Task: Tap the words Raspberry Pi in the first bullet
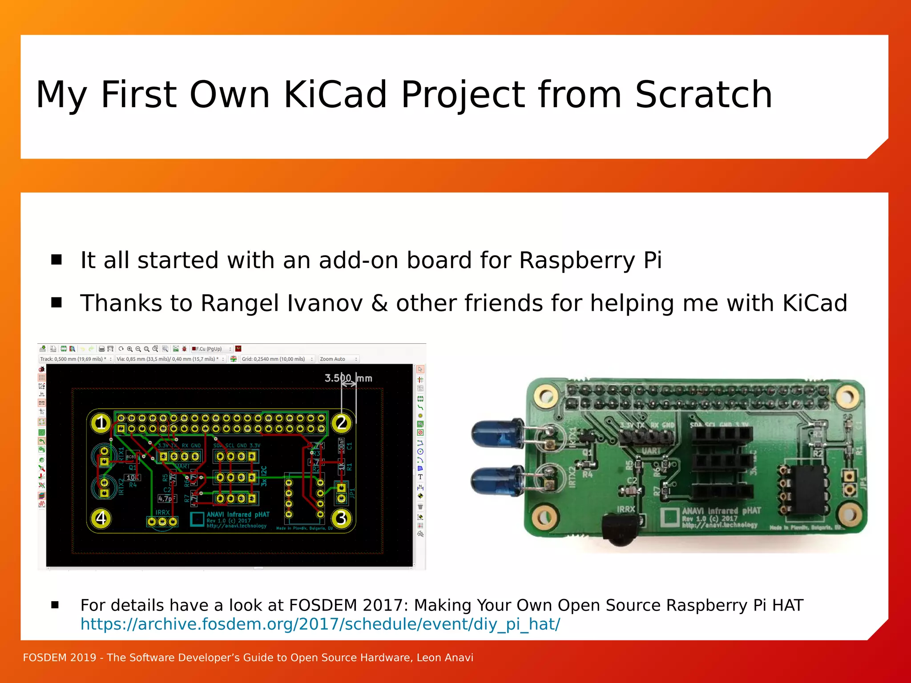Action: click(x=590, y=260)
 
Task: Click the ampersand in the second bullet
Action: click(x=379, y=304)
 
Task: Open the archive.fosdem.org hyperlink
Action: click(x=320, y=624)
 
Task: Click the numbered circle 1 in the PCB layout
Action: click(x=101, y=422)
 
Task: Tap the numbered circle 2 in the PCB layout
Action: click(x=342, y=422)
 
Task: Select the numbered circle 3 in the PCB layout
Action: click(x=341, y=518)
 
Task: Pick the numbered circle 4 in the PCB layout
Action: click(x=101, y=518)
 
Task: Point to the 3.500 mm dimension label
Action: click(x=348, y=378)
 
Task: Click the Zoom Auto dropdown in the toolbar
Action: click(x=338, y=359)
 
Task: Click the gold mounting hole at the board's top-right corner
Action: click(x=848, y=396)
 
